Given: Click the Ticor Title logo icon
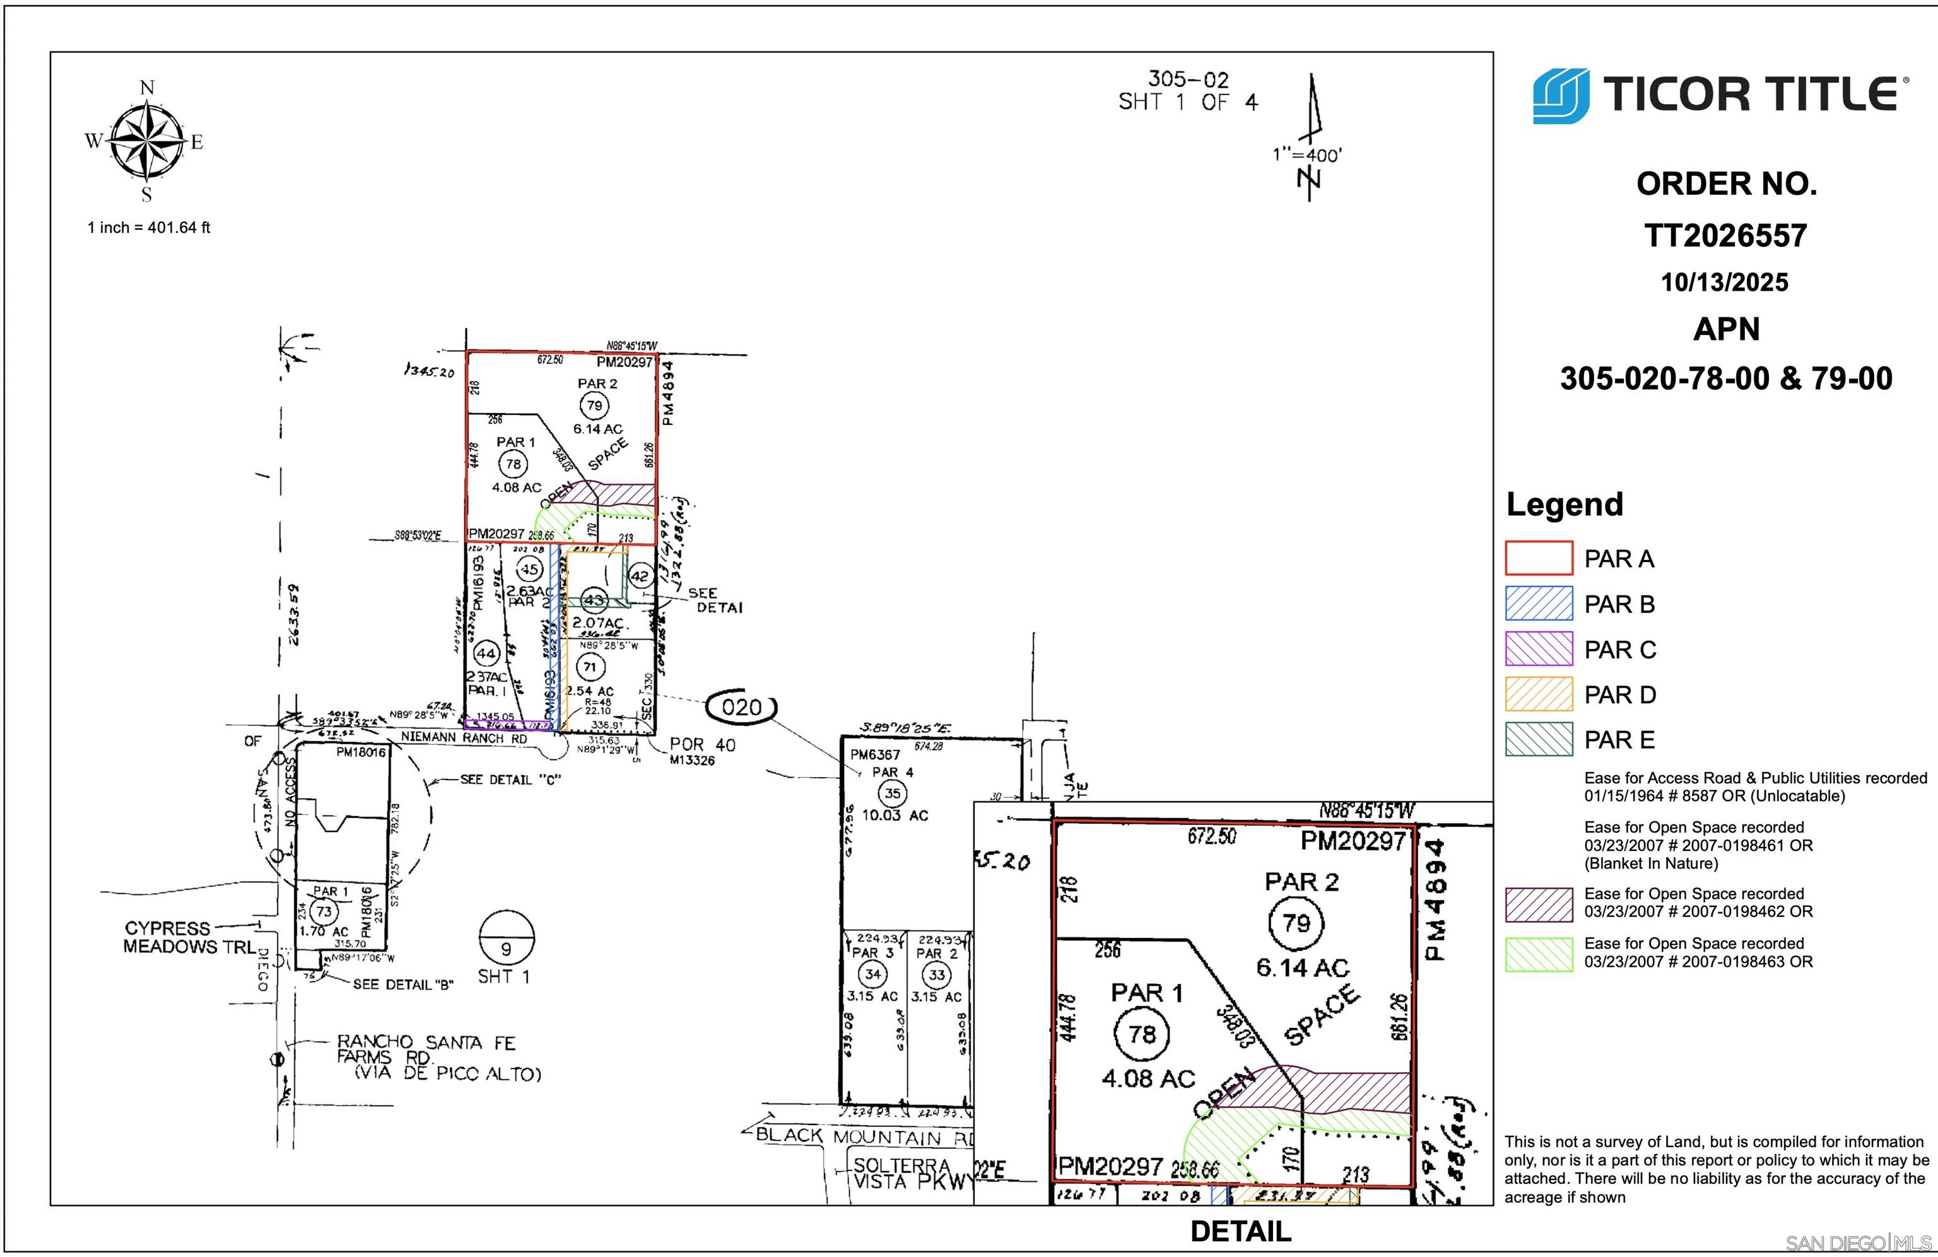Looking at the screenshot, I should pyautogui.click(x=1560, y=96).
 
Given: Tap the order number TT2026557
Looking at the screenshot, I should pyautogui.click(x=1725, y=236).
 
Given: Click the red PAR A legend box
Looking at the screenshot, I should pyautogui.click(x=1538, y=558).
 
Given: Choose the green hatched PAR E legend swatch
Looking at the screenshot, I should pyautogui.click(x=1538, y=739).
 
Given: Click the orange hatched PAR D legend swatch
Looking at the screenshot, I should pyautogui.click(x=1538, y=694).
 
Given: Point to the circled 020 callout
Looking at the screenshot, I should pyautogui.click(x=741, y=706).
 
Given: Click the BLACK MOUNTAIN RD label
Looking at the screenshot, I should pyautogui.click(x=863, y=1136).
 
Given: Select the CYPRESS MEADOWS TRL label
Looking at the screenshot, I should pyautogui.click(x=189, y=937).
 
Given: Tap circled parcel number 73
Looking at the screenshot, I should pyautogui.click(x=324, y=911).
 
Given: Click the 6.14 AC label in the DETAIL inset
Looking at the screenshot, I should pyautogui.click(x=1302, y=968).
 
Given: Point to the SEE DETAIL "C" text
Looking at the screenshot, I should pyautogui.click(x=510, y=780).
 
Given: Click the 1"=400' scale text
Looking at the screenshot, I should pyautogui.click(x=1307, y=155).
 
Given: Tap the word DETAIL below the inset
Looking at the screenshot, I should pyautogui.click(x=1240, y=1231).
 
